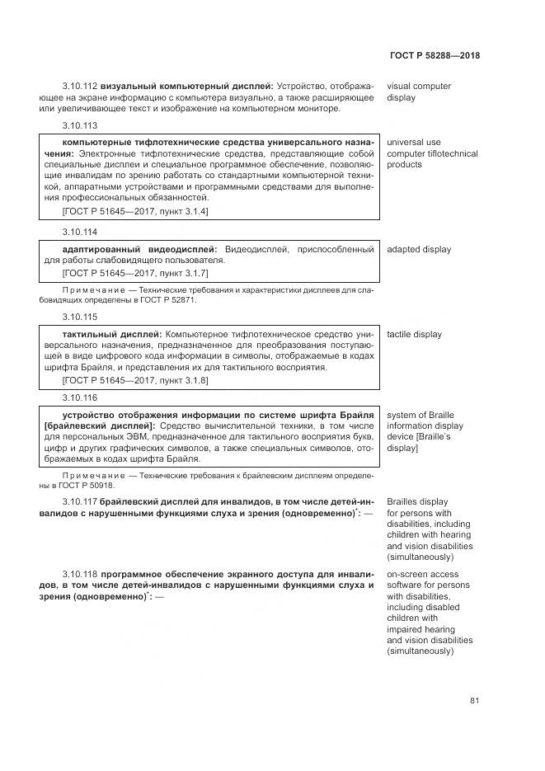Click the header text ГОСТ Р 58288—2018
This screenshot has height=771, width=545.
435,56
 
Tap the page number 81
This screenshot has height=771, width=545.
474,701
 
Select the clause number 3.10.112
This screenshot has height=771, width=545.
80,86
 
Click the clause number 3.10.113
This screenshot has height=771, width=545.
80,125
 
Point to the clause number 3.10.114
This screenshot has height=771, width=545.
80,233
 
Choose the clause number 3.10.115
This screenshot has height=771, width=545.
80,317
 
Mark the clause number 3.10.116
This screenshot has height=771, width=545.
80,397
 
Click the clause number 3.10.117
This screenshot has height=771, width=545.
80,501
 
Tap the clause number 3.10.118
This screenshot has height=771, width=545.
80,574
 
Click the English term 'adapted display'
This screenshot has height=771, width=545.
419,250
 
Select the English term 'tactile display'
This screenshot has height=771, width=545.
414,335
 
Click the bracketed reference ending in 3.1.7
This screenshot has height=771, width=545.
135,273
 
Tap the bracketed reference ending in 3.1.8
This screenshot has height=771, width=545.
135,379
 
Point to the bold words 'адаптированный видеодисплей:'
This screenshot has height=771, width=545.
139,250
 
